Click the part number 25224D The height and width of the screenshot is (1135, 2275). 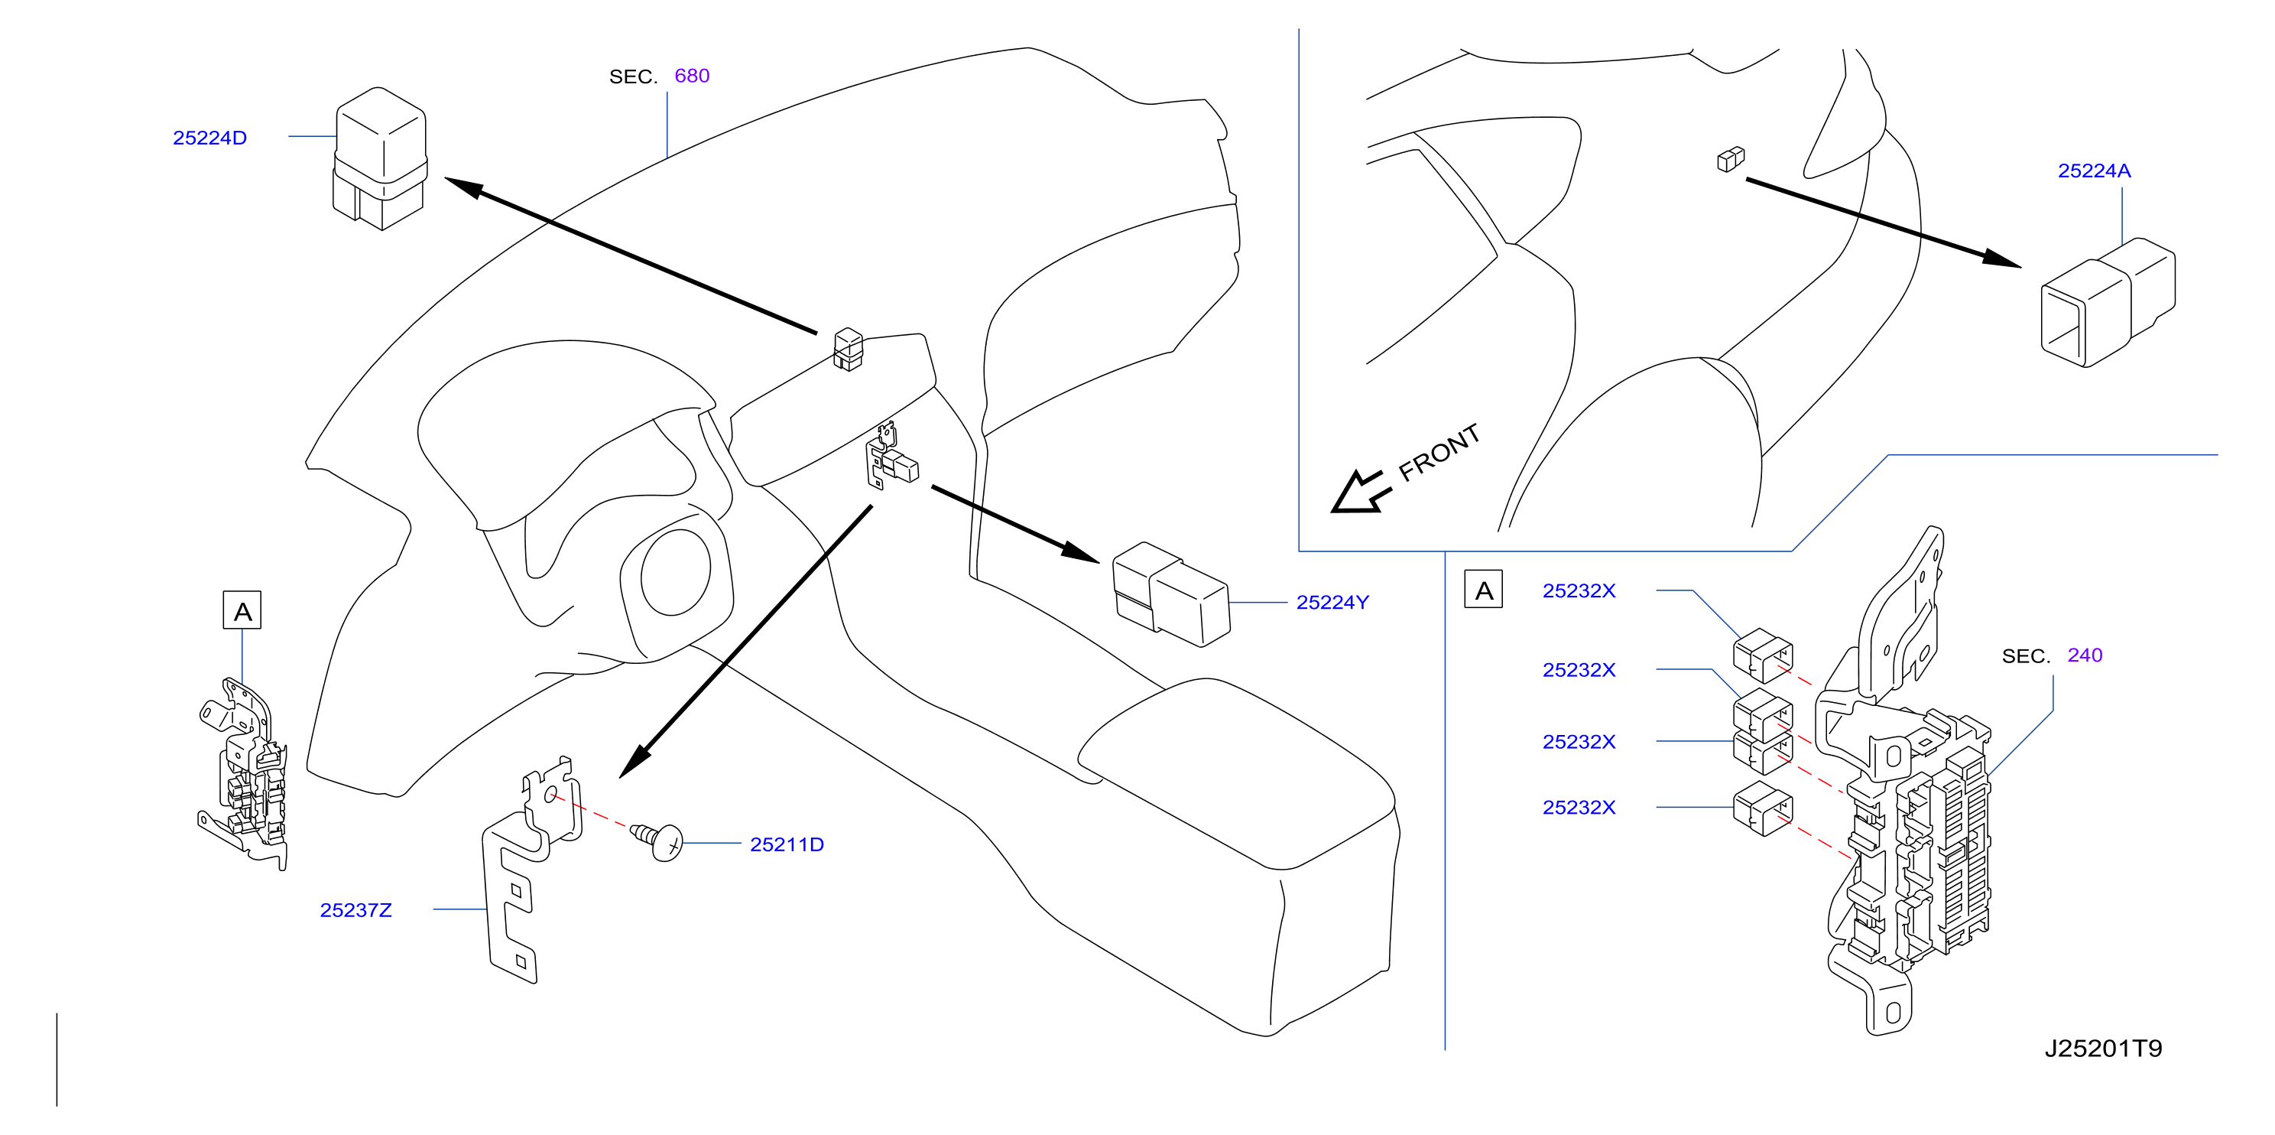click(x=209, y=138)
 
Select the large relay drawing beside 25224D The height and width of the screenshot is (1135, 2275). click(x=380, y=159)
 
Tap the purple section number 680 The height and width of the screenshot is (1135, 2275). click(x=692, y=76)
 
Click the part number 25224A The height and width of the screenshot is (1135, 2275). click(x=2094, y=171)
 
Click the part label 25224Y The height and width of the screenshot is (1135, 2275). click(x=1332, y=603)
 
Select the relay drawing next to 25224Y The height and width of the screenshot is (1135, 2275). click(x=1170, y=594)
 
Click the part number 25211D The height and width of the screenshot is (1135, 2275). click(x=786, y=844)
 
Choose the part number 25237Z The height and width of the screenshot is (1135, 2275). click(x=356, y=910)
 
